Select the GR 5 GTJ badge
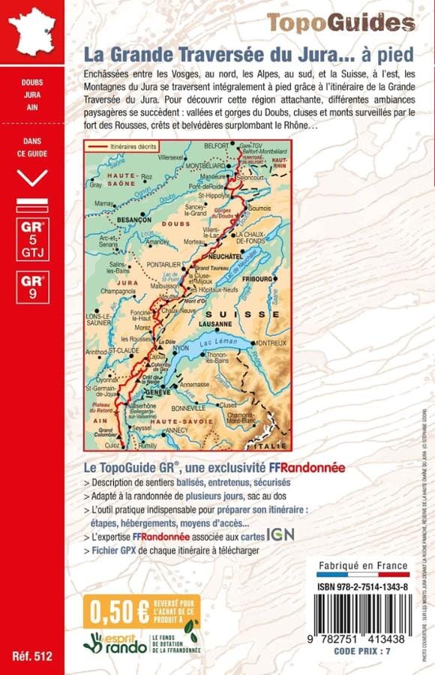[32, 238]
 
